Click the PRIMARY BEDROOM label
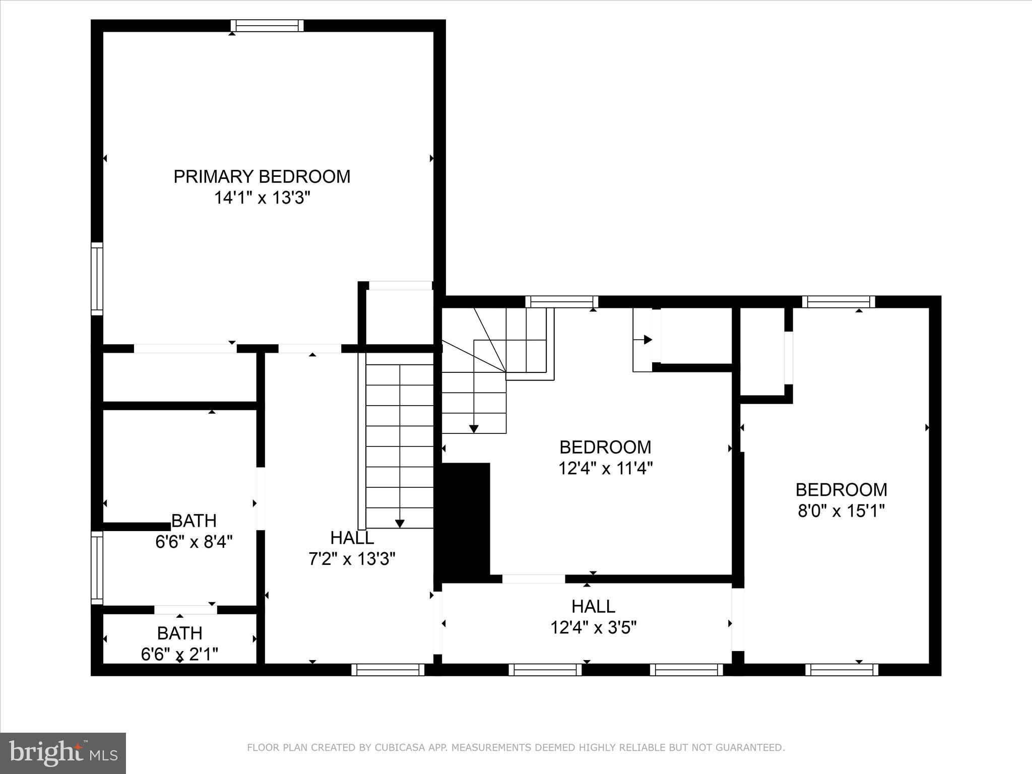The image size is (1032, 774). tap(262, 176)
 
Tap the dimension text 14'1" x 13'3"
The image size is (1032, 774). tap(262, 198)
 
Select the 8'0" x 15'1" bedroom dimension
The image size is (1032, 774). tap(841, 511)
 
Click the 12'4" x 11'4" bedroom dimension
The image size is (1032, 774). tap(605, 469)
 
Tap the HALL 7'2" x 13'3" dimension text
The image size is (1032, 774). tap(352, 559)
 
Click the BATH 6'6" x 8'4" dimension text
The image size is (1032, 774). tap(194, 542)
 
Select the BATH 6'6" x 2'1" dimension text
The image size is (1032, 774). tap(179, 654)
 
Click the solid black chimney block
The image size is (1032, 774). tap(464, 522)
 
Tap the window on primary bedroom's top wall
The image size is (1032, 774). tap(267, 26)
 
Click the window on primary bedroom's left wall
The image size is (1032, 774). tap(97, 279)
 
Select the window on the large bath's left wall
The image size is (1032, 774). tap(97, 567)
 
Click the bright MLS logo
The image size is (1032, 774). tap(63, 753)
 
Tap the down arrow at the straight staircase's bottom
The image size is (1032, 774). tap(400, 523)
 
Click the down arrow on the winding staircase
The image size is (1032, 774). tap(474, 428)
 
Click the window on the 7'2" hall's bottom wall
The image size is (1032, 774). tap(388, 669)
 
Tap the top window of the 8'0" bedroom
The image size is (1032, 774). tap(838, 302)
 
